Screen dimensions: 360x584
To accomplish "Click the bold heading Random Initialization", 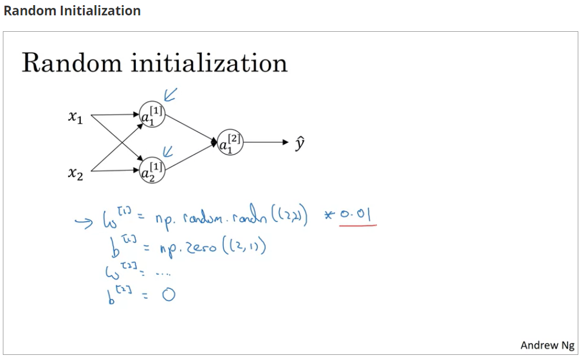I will click(x=72, y=11).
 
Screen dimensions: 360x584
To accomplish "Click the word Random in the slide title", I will click(x=72, y=62).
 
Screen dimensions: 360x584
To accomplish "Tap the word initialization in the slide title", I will click(x=209, y=64).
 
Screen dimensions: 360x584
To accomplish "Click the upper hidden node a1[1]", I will click(x=152, y=115).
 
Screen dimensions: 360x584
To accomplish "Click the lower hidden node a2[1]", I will click(x=152, y=169).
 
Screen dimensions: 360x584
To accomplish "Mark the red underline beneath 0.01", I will click(x=358, y=225).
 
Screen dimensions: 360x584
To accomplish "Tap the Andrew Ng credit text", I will click(x=547, y=345).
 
